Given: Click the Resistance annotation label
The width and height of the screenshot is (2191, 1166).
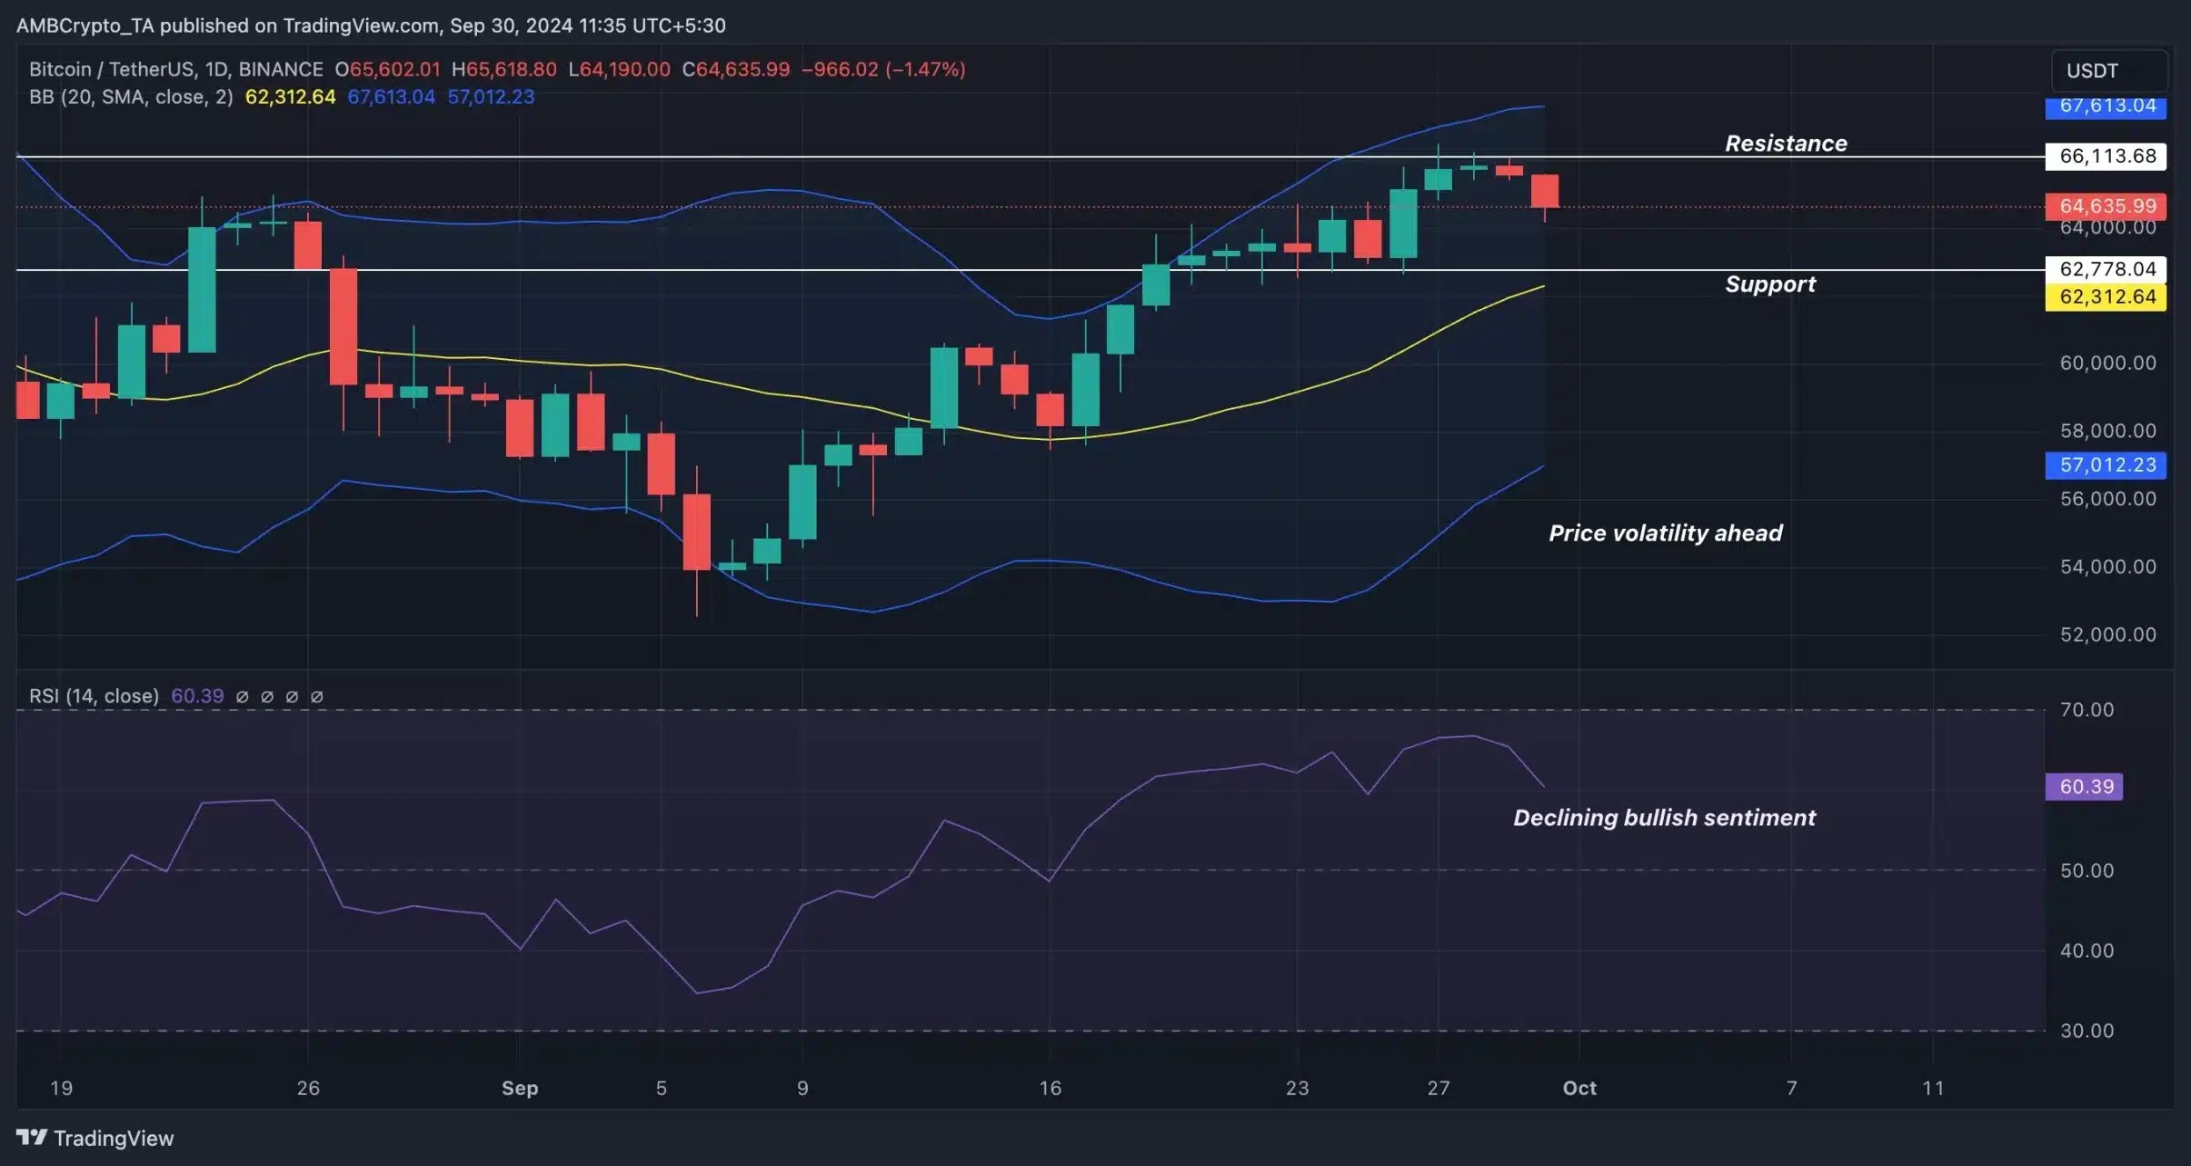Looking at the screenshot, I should click(1786, 144).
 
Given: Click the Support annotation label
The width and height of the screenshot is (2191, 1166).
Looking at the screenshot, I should click(1769, 284).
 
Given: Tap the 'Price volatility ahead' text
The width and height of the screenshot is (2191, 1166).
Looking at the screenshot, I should click(1665, 533).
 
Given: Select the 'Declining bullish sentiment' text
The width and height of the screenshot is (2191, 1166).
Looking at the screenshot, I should click(1664, 818).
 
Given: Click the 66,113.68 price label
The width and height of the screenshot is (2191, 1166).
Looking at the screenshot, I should click(2106, 156).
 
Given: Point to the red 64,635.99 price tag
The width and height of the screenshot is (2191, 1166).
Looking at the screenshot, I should click(2106, 206).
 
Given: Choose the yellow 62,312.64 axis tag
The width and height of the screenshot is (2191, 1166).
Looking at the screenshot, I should click(2106, 297).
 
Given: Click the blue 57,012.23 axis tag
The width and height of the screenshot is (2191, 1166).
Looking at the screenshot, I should click(2106, 465).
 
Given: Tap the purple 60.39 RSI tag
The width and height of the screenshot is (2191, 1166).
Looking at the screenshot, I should click(2084, 787).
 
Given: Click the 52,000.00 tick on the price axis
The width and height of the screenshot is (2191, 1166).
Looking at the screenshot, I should click(2107, 634).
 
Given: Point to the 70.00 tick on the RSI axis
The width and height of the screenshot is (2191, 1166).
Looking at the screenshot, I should click(2086, 710).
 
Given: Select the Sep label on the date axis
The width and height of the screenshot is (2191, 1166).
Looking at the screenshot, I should click(520, 1088).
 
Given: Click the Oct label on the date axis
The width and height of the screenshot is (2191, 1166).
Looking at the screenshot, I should click(1579, 1088).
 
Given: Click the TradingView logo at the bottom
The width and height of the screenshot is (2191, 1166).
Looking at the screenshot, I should click(95, 1138).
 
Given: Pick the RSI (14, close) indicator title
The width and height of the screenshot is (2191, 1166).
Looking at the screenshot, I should click(94, 696).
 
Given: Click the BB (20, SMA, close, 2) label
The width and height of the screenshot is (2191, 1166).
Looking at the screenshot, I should click(131, 97).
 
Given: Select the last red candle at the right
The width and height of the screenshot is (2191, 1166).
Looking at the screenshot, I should click(1545, 191).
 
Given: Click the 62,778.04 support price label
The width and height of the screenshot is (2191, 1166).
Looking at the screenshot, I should click(2106, 269).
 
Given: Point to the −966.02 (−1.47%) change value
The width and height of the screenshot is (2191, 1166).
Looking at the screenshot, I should click(882, 69).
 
